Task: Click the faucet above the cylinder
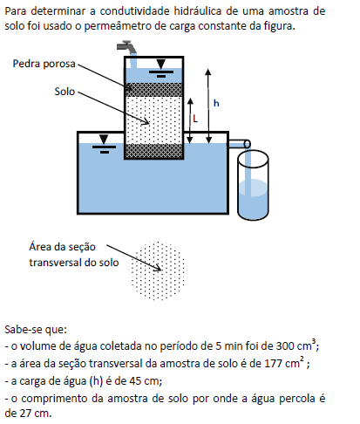pyautogui.click(x=126, y=47)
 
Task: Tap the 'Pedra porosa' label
pyautogui.click(x=44, y=64)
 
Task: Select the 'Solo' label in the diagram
pyautogui.click(x=65, y=92)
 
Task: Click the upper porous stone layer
pyautogui.click(x=153, y=90)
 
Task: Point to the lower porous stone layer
pyautogui.click(x=153, y=151)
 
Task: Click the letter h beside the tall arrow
pyautogui.click(x=216, y=103)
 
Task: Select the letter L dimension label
pyautogui.click(x=195, y=119)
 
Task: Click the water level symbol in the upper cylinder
pyautogui.click(x=160, y=69)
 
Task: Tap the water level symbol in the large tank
pyautogui.click(x=104, y=144)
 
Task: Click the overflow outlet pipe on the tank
pyautogui.click(x=239, y=144)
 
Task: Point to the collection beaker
pyautogui.click(x=253, y=185)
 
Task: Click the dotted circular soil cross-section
pyautogui.click(x=158, y=270)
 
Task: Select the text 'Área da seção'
pyautogui.click(x=62, y=247)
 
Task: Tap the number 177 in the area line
pyautogui.click(x=273, y=364)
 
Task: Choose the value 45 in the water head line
pyautogui.click(x=135, y=381)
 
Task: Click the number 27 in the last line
pyautogui.click(x=25, y=413)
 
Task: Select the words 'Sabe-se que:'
pyautogui.click(x=36, y=330)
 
